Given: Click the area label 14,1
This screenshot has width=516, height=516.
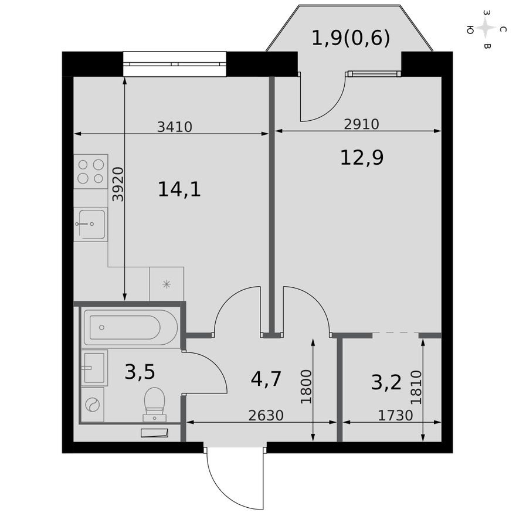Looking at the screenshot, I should [179, 189].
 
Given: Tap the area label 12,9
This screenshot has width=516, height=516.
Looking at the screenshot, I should [362, 157].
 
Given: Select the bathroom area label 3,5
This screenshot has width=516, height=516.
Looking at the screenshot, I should [140, 372].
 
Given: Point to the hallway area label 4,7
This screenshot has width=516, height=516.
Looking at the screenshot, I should [266, 379].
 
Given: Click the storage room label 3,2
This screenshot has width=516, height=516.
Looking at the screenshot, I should [386, 382].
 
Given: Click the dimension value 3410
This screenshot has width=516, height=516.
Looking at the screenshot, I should [175, 126].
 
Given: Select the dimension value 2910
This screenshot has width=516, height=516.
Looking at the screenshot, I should [362, 124].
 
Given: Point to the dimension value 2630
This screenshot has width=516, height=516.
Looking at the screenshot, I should [266, 415].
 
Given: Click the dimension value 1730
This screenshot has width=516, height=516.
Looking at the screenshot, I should [395, 415].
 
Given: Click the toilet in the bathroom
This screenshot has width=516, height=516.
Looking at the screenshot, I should [155, 405].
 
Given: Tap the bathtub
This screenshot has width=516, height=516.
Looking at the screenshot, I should [130, 327].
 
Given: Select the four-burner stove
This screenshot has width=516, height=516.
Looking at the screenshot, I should [91, 171].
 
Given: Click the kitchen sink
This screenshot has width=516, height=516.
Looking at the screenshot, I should [90, 224].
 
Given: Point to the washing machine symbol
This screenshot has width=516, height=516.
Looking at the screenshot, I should [93, 405].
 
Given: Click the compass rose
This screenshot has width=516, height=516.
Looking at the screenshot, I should [486, 28].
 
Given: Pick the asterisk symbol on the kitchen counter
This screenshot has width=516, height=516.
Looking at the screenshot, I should [167, 284].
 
